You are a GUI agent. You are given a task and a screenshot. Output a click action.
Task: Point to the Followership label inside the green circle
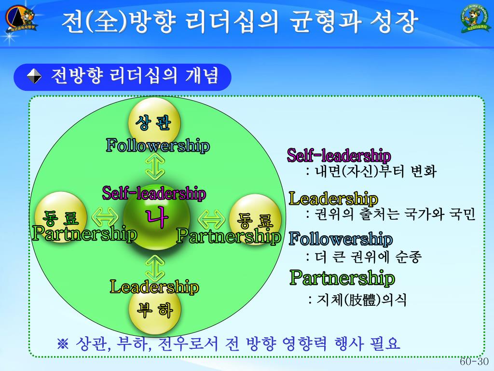click(x=158, y=145)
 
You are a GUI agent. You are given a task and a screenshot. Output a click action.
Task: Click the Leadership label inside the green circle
click(x=154, y=287)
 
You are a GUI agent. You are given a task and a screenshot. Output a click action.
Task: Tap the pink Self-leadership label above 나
click(x=154, y=194)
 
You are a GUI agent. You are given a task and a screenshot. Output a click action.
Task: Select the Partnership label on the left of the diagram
click(x=84, y=234)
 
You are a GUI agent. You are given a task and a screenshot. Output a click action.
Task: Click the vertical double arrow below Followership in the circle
click(x=155, y=167)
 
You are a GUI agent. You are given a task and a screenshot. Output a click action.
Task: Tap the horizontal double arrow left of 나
click(x=105, y=217)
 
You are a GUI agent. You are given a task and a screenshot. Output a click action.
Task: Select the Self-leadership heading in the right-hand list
click(x=339, y=156)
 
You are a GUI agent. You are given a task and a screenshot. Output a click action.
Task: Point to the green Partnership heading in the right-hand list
click(x=342, y=278)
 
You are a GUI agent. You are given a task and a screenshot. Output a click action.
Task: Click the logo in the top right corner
click(x=474, y=18)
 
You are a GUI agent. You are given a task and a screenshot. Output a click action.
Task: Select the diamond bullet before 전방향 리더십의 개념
click(x=34, y=76)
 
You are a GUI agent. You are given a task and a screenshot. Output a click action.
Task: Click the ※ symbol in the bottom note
click(x=64, y=344)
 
